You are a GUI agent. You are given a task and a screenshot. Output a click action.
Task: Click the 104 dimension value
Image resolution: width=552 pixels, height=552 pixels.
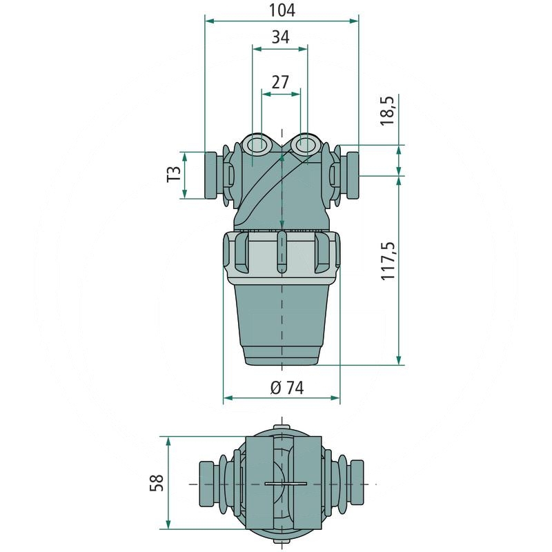click(282, 10)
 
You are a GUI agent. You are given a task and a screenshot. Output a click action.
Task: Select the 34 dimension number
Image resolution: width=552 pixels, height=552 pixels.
click(281, 37)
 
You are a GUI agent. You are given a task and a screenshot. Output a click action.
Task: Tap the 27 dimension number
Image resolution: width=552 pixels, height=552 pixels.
click(281, 82)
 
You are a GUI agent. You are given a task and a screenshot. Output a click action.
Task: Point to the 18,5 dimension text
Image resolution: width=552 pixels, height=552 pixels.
click(388, 111)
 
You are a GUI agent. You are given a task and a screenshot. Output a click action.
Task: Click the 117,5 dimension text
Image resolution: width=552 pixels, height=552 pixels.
click(388, 262)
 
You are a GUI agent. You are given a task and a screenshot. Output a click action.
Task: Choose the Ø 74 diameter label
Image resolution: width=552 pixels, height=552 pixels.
click(287, 388)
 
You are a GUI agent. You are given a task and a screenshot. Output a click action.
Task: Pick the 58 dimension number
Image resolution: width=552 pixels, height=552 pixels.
click(157, 482)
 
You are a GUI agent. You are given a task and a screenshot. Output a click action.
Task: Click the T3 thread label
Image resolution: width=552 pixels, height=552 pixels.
click(174, 175)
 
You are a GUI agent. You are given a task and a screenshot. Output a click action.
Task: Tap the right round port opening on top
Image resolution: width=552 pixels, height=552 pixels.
click(304, 144)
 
